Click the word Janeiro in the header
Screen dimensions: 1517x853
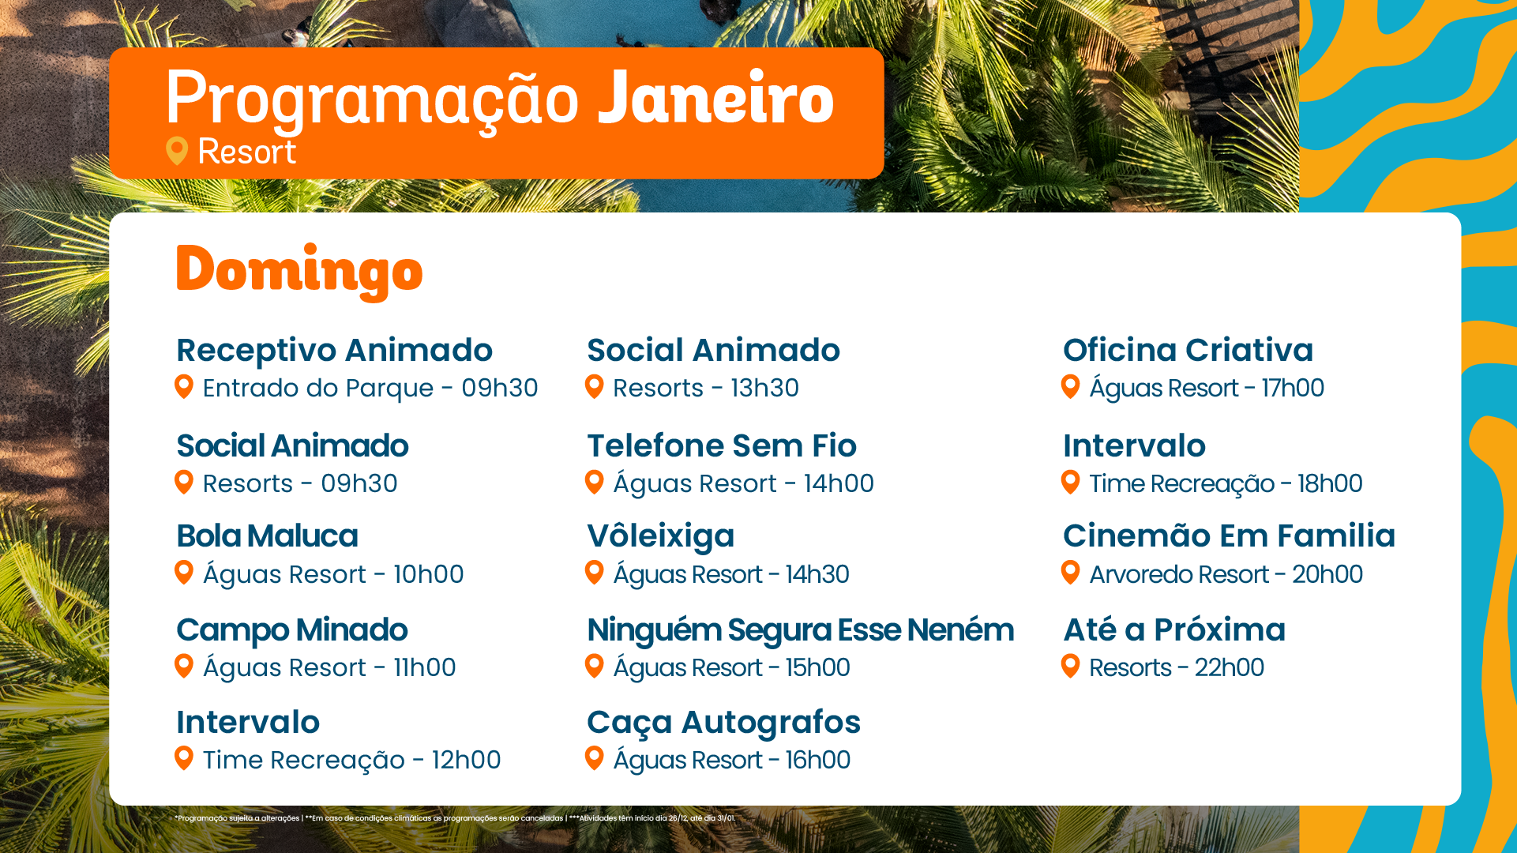tap(715, 98)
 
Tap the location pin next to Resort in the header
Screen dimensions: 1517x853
tap(177, 151)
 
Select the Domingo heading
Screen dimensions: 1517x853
tap(299, 272)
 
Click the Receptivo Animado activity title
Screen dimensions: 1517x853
tap(334, 350)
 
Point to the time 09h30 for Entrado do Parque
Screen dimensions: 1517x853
tap(500, 388)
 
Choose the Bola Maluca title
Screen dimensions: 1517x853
tap(267, 535)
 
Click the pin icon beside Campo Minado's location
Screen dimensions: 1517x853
tap(184, 666)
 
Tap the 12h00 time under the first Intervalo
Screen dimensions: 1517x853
tap(466, 760)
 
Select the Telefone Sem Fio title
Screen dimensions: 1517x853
tap(722, 445)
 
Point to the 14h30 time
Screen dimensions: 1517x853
tap(817, 574)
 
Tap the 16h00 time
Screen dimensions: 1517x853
tap(817, 760)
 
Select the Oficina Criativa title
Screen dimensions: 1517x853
tap(1188, 350)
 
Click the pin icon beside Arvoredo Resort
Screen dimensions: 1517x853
tap(1071, 573)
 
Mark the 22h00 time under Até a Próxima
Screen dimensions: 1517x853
tap(1229, 667)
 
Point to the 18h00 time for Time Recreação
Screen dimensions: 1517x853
tap(1330, 483)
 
